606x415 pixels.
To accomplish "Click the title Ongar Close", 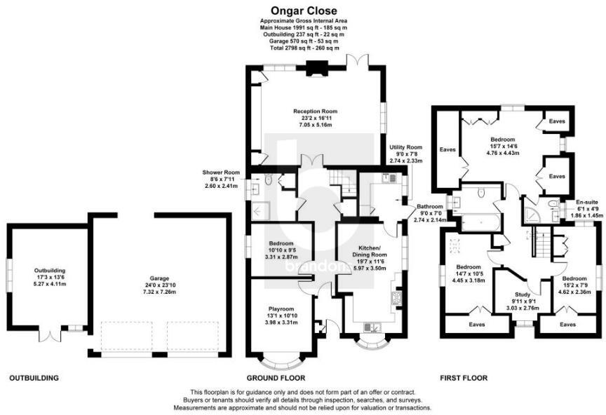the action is pos(304,11).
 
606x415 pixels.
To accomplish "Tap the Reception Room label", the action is pos(315,111).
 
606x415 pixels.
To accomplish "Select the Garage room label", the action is pos(160,278).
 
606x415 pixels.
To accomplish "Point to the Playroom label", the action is pos(281,308).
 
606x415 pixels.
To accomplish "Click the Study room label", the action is pos(523,294).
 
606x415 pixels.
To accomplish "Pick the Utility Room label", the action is pos(406,147).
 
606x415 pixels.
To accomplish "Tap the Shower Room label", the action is pos(221,172).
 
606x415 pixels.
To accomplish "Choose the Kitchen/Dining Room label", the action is pos(370,251).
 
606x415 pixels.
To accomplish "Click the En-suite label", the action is pos(586,202).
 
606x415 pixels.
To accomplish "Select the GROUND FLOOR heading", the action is pos(276,378).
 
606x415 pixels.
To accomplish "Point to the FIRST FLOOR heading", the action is pos(464,378).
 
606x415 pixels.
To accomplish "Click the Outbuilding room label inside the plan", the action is pos(50,271).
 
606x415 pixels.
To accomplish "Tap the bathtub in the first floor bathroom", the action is pos(480,222).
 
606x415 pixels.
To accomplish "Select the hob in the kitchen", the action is pos(397,298).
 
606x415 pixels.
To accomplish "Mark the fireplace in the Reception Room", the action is pos(316,69).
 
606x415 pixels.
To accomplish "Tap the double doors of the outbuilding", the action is pos(50,334).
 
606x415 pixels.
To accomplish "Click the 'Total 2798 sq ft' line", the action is pos(304,48).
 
